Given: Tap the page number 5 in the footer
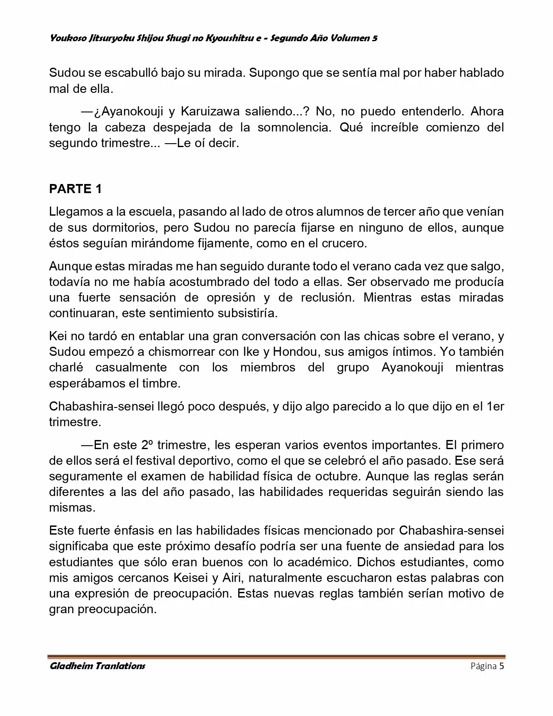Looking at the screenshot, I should point(501,666).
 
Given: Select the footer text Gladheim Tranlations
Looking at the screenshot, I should point(97,666).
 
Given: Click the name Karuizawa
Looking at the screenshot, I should point(210,112).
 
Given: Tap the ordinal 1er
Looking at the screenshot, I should point(495,406).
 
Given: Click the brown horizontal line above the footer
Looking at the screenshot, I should point(276,656).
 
